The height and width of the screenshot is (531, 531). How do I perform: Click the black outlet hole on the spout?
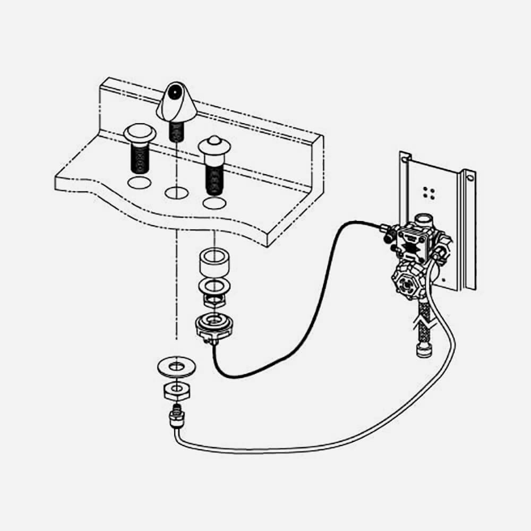click(x=173, y=96)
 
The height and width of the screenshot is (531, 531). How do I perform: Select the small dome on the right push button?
click(x=213, y=140)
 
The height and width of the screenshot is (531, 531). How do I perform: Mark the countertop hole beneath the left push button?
click(x=139, y=184)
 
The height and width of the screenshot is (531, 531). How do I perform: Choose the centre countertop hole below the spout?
click(x=176, y=193)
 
